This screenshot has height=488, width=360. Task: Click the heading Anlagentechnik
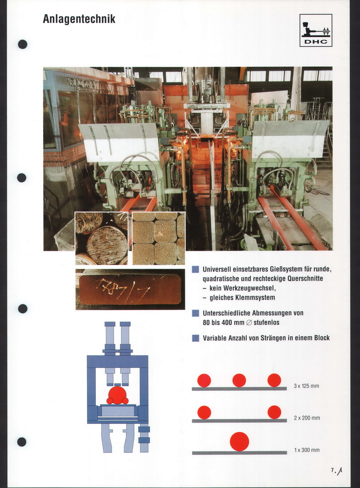79,19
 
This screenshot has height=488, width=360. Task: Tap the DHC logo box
316,30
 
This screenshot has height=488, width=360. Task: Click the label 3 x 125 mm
306,386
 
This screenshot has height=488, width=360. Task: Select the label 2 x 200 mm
307,418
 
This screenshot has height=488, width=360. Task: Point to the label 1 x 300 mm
307,450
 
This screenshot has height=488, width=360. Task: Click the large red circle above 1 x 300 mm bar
239,442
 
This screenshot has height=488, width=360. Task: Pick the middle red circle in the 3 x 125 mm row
239,380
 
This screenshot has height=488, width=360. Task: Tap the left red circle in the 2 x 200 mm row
204,412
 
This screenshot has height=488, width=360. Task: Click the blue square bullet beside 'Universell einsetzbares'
195,269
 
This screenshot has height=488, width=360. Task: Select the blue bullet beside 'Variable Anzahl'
195,338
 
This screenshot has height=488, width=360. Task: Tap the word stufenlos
266,323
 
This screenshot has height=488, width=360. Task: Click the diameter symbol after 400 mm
249,323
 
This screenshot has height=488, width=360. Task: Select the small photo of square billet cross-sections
159,238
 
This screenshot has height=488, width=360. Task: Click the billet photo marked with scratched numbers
130,289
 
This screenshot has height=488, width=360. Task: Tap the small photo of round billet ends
101,238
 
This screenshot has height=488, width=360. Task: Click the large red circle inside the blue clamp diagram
117,395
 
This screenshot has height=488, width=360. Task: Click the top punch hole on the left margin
23,44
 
